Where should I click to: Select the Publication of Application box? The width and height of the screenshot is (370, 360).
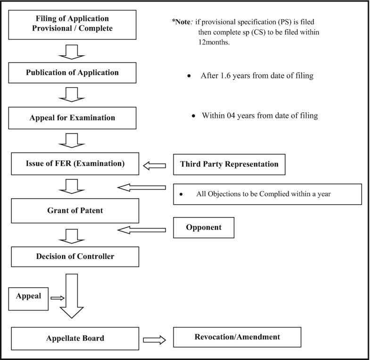point(72,73)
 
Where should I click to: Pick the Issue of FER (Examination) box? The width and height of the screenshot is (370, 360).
point(72,165)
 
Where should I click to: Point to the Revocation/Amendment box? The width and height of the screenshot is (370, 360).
point(237,337)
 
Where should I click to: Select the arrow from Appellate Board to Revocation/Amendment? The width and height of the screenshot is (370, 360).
point(155,339)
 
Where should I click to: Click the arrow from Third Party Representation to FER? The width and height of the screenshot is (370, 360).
point(154,165)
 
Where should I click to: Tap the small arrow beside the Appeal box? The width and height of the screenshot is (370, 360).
point(57,298)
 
